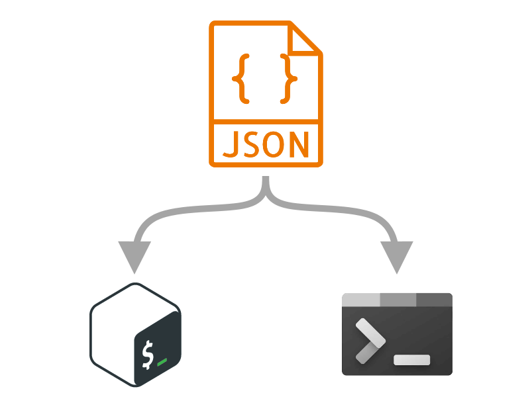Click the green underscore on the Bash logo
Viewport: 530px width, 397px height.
click(162, 363)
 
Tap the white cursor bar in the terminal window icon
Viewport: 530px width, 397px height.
click(411, 360)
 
